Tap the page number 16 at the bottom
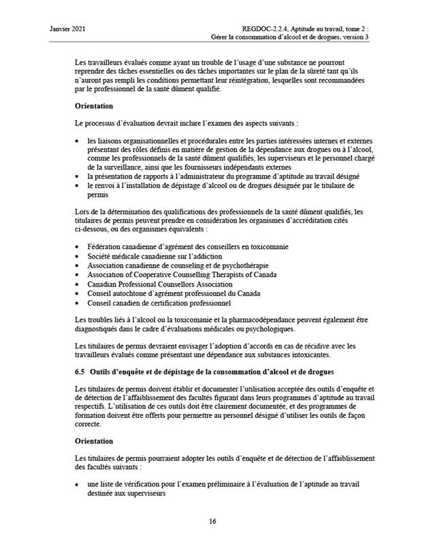pos(212,522)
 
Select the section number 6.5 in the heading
pos(80,372)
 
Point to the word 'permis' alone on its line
pos(99,194)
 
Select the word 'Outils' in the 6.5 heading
pos(102,372)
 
